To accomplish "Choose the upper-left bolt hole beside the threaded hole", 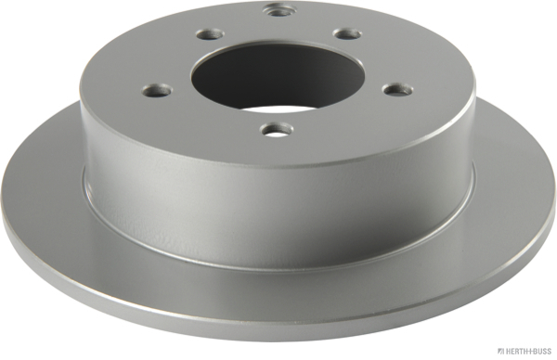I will tap(205, 36).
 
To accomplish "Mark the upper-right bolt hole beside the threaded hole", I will tap(347, 33).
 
